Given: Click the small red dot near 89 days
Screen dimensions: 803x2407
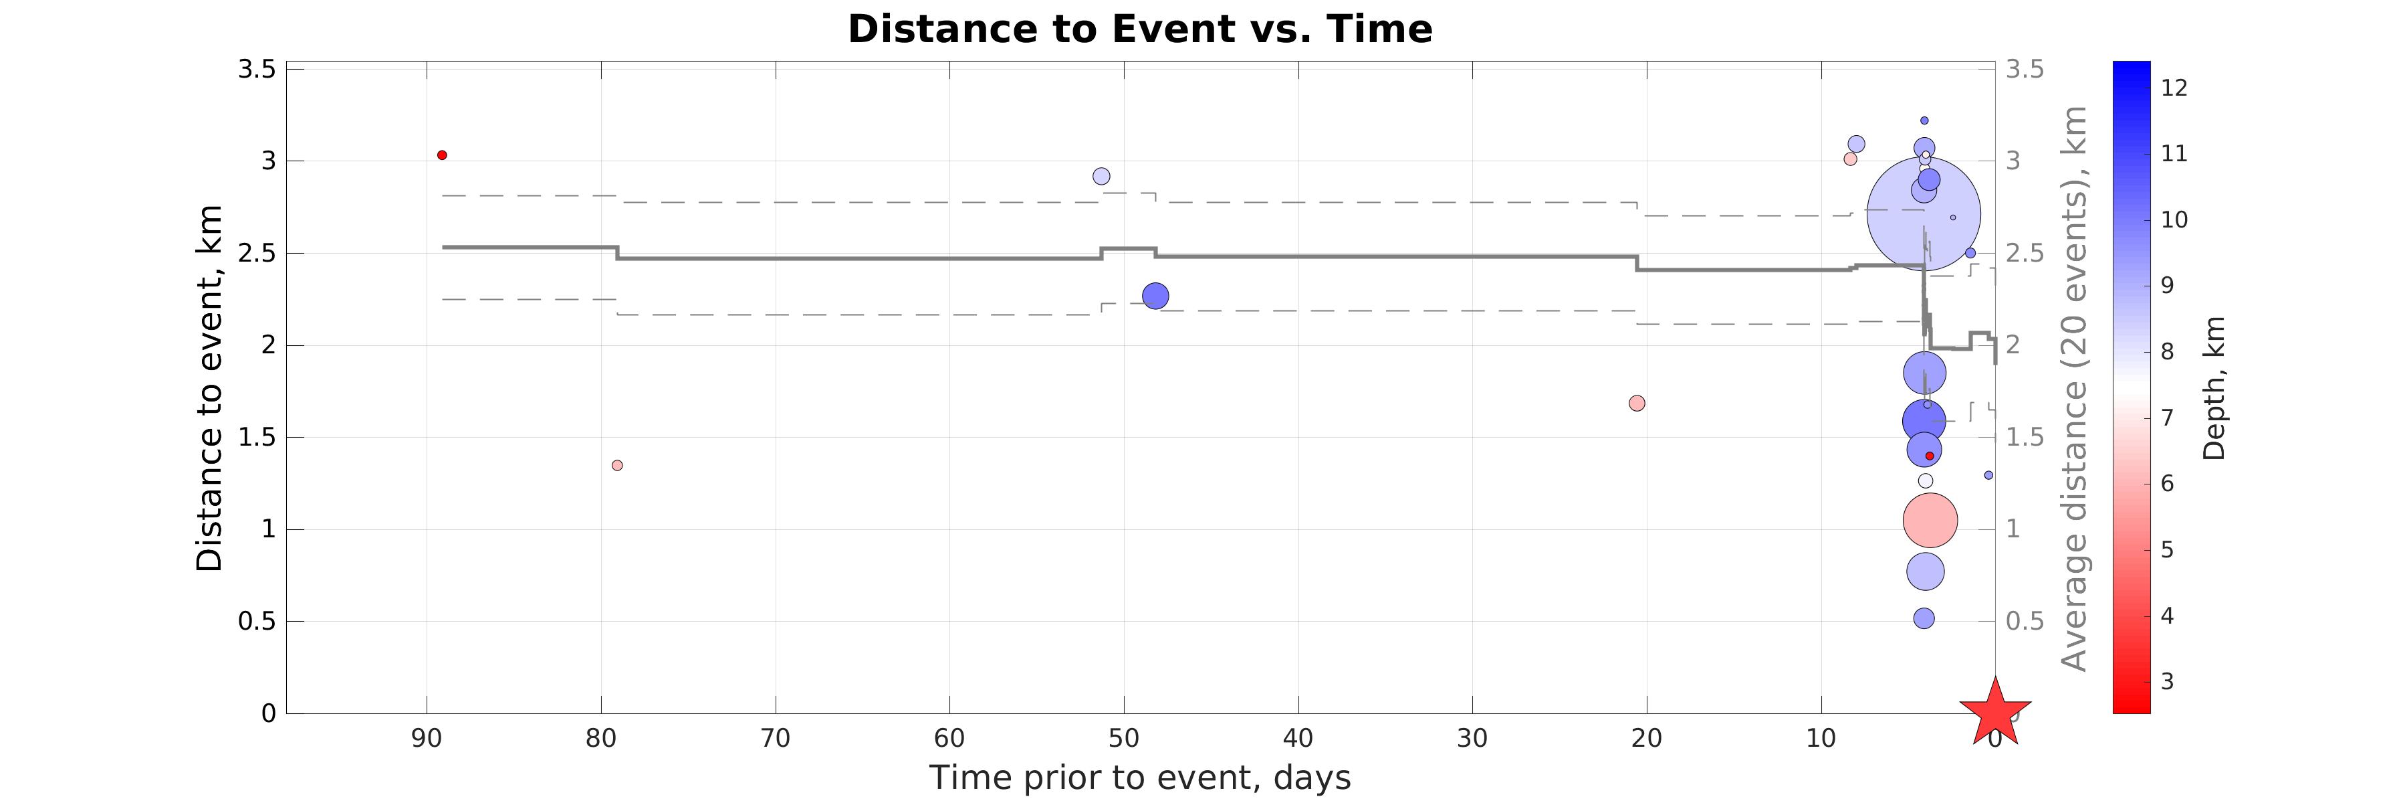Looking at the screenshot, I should (x=442, y=155).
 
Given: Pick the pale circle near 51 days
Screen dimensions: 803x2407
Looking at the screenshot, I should (x=1102, y=177).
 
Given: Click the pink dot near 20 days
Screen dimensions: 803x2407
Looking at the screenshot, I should (x=1637, y=404).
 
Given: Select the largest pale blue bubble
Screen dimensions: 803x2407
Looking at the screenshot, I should (x=1923, y=214).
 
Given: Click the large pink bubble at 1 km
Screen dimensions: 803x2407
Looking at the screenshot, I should (x=1930, y=521).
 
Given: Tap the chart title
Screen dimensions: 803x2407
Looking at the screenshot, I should (x=1140, y=29).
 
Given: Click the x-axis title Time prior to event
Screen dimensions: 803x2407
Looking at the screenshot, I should (x=1140, y=778).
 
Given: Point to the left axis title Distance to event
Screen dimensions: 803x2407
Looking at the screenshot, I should (x=210, y=388).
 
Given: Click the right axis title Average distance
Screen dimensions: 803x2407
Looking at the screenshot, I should (x=2074, y=388).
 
